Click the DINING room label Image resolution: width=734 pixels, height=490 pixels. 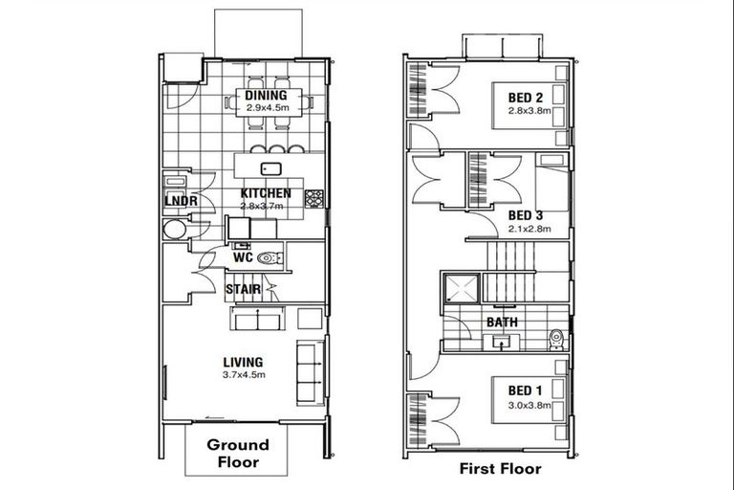[267, 96]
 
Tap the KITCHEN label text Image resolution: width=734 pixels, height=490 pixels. [266, 193]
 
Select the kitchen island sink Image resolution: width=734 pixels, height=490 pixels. [271, 169]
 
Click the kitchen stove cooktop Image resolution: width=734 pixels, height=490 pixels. [313, 198]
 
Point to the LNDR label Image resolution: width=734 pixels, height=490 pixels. [181, 202]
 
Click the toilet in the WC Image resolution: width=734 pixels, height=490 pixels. [269, 257]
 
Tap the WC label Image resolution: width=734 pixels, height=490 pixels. [243, 257]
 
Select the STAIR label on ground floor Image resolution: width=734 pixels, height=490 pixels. [243, 288]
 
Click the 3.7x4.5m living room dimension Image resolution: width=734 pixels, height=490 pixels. [244, 374]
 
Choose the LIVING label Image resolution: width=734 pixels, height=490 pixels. [244, 362]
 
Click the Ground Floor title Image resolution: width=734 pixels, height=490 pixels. [238, 453]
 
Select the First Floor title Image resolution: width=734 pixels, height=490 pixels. [500, 469]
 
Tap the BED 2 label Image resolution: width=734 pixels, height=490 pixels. [526, 98]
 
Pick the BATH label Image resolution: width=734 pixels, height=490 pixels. [503, 323]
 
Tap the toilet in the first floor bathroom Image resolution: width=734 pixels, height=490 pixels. [555, 340]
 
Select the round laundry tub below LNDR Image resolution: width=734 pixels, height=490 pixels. [174, 230]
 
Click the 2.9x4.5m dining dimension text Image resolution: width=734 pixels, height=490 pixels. [267, 108]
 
